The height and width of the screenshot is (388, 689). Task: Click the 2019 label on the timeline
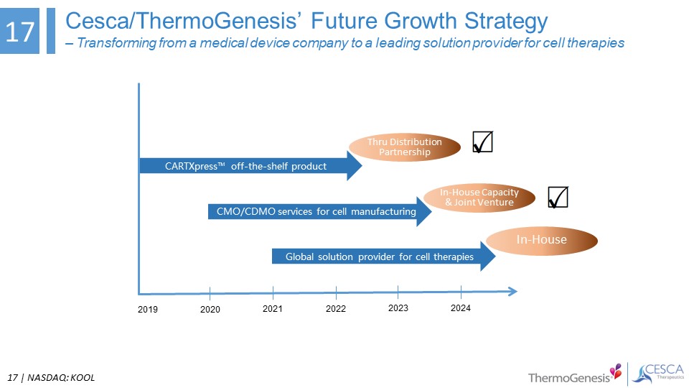[148, 309]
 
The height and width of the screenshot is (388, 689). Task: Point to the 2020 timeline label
[210, 309]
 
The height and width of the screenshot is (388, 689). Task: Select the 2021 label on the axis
[273, 309]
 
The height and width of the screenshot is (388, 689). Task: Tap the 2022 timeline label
[336, 309]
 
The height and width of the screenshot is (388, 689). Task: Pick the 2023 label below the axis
[398, 308]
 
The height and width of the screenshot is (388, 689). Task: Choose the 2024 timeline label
[461, 308]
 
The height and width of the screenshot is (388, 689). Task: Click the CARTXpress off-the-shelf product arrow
[250, 166]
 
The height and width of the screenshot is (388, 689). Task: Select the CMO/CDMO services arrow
[320, 211]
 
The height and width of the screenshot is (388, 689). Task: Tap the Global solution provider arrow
[383, 257]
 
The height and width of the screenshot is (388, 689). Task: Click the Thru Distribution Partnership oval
[405, 147]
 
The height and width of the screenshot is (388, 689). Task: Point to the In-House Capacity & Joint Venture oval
[479, 198]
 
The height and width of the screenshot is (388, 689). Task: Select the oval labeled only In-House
[542, 241]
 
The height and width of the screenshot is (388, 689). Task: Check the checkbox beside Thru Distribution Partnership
[482, 142]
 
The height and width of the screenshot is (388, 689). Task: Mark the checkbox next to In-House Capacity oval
[558, 197]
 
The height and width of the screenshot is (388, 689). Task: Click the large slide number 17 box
[20, 31]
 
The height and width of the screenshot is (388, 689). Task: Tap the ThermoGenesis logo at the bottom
[575, 374]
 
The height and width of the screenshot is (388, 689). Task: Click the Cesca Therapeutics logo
[658, 374]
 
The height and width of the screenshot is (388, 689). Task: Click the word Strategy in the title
[506, 21]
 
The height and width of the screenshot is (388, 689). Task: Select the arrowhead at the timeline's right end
[512, 291]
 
